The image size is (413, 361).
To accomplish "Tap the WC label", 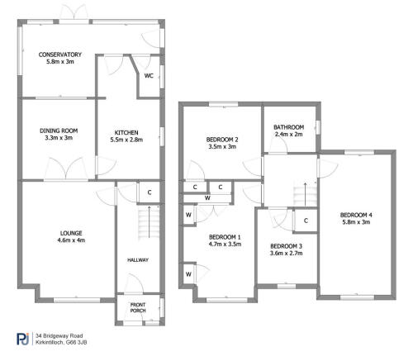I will pos(149,75).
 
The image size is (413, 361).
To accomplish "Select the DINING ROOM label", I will pos(58,130).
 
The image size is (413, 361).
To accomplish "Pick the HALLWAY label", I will pos(137,260).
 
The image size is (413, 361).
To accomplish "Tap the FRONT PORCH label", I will pos(137,308).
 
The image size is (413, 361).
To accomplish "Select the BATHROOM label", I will pos(290,127).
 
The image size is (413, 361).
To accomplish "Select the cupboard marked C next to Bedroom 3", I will pos(306,221).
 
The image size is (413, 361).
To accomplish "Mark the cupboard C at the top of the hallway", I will pos(150,192).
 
